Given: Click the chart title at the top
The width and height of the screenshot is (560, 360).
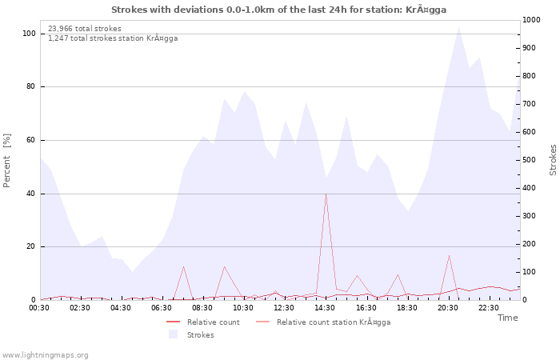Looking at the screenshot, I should pos(279,10).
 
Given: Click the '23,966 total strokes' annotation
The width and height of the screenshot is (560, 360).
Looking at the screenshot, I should pos(85,29).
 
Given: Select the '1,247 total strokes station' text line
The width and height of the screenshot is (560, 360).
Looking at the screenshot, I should pos(113,38).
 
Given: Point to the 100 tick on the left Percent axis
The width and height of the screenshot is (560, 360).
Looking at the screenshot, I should pos(29,34).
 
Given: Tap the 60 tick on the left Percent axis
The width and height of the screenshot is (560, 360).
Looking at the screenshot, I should pos(30,140).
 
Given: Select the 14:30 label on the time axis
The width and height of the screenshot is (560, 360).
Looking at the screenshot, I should pos(326,308).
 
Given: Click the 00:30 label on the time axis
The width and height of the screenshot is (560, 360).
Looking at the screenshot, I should pos(40,308).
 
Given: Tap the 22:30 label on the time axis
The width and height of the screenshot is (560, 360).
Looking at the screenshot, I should pos(488,308).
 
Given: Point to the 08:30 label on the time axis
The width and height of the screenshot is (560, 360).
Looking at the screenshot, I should pos(203,308).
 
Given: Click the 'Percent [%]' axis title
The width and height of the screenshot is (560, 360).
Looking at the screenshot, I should pos(7,160).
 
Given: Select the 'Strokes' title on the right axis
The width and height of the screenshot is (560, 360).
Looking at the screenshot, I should pos(553,160).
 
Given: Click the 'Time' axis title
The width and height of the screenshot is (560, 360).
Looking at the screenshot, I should pos(507,318).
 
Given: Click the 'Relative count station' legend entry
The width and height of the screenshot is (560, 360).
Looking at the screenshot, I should pos(333,322).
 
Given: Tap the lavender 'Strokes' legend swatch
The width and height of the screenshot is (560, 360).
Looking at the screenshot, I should pos(173,334).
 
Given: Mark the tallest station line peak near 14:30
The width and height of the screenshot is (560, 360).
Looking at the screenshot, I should pos(326,194).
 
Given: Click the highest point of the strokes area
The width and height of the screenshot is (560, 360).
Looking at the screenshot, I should pos(458,27).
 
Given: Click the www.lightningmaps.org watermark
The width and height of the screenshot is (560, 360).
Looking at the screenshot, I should pos(45,354).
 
